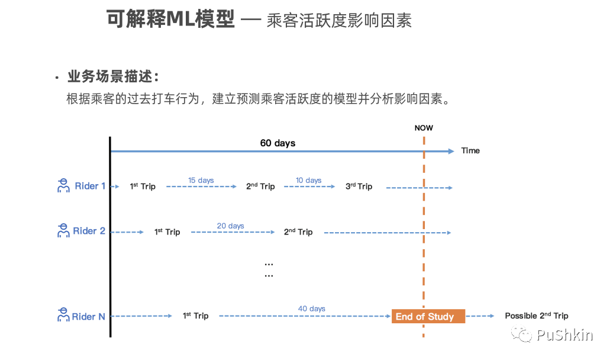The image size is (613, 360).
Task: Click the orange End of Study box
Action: [428, 316]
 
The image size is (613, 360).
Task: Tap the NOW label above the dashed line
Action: [424, 128]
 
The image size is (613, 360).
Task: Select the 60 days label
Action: [278, 143]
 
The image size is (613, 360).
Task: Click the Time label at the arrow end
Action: [470, 150]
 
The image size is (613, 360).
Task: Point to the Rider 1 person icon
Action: [63, 186]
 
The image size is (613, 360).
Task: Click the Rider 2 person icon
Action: [63, 231]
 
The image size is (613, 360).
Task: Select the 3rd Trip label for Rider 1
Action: [359, 187]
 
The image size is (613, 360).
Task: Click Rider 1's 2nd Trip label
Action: [260, 187]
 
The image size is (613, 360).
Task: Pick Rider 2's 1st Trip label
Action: [167, 232]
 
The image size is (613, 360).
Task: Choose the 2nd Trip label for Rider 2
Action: [298, 232]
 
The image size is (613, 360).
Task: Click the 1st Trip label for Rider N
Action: [195, 316]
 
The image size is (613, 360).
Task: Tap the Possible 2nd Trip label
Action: [536, 316]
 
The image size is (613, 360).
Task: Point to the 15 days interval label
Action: [201, 180]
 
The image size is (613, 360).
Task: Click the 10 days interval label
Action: [309, 180]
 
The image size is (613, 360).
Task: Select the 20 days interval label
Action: [230, 226]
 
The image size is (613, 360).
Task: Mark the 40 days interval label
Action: [312, 308]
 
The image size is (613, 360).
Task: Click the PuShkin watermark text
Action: [564, 336]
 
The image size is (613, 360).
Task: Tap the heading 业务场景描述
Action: [113, 78]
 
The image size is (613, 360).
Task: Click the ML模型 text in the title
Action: [201, 20]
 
